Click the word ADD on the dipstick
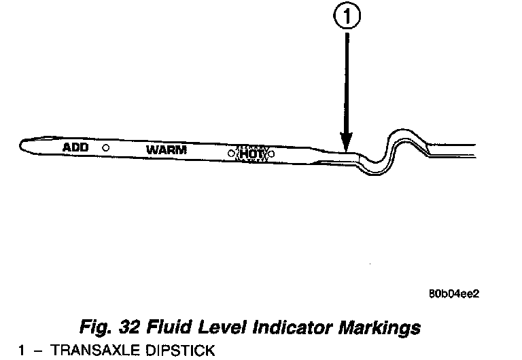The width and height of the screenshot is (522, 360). (75, 147)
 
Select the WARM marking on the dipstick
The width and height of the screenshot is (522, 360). (166, 149)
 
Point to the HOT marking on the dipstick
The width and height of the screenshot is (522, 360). (251, 154)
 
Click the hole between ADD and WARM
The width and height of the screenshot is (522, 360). (105, 147)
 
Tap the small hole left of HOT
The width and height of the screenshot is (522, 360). (232, 154)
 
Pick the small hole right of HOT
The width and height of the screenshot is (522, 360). (271, 154)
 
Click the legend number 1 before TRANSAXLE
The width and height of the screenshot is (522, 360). (22, 350)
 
